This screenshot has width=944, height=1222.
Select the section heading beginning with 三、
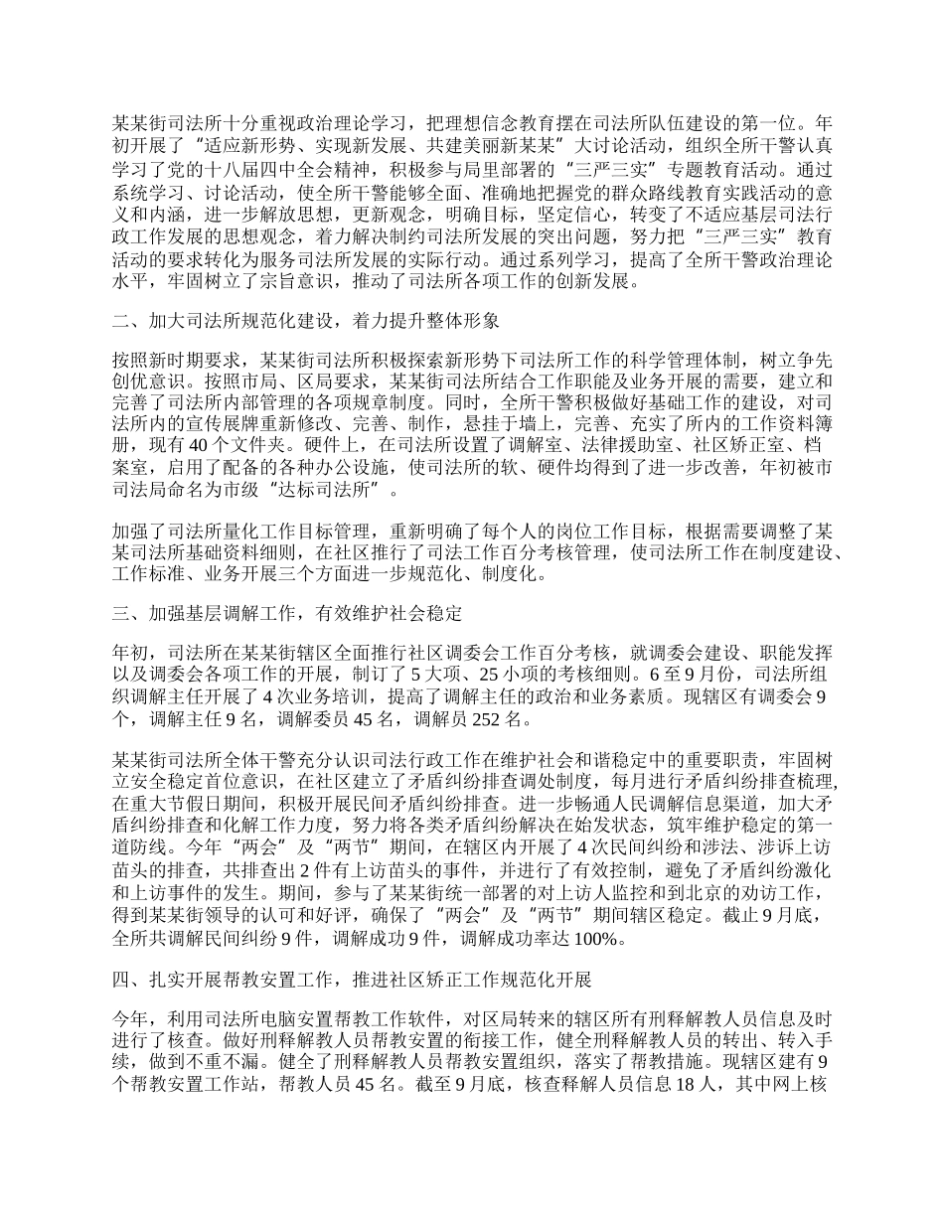pyautogui.click(x=287, y=613)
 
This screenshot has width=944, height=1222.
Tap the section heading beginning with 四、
pyautogui.click(x=353, y=982)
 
